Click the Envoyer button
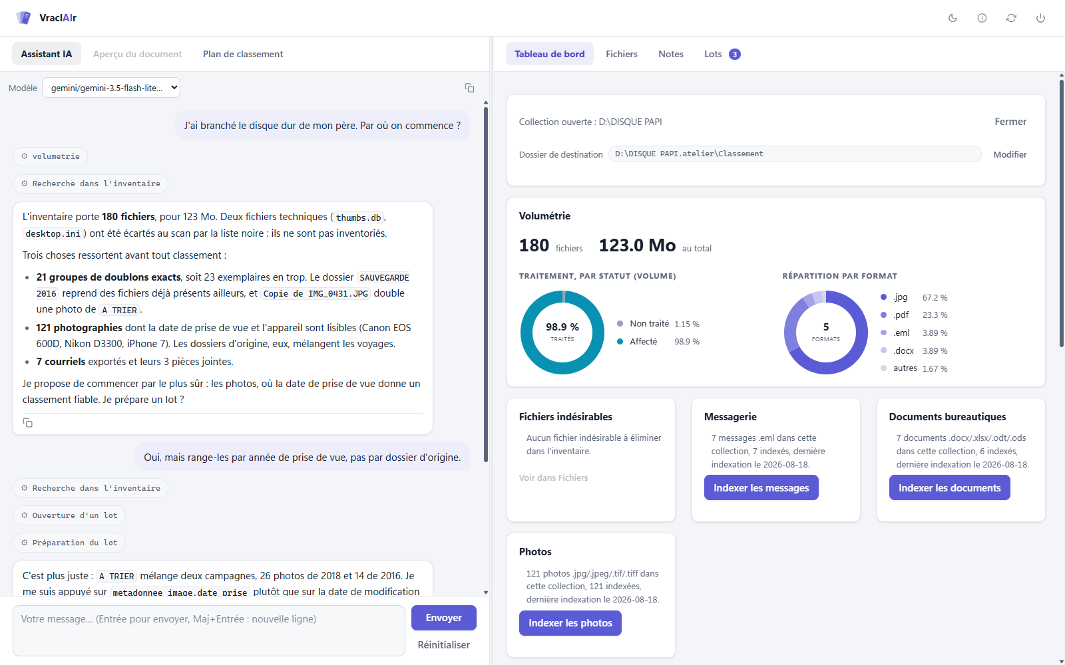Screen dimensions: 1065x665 click(443, 618)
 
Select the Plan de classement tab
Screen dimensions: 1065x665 click(242, 54)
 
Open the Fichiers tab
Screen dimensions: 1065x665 click(622, 54)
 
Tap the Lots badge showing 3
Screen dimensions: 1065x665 click(735, 54)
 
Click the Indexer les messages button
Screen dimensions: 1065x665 click(761, 488)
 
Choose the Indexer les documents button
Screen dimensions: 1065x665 click(949, 488)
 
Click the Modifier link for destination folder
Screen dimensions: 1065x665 click(1010, 154)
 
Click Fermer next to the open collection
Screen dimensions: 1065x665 click(1010, 122)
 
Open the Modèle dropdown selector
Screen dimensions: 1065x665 click(111, 88)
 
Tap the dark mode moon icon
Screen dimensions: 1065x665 click(953, 18)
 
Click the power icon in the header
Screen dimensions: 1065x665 click(1040, 18)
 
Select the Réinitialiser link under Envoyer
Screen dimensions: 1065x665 click(443, 644)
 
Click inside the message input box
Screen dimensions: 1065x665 click(209, 630)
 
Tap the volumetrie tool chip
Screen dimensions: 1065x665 click(51, 156)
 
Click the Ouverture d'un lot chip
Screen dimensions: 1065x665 click(69, 515)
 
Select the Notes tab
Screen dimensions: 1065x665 click(670, 54)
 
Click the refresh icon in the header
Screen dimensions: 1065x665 click(1011, 18)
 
